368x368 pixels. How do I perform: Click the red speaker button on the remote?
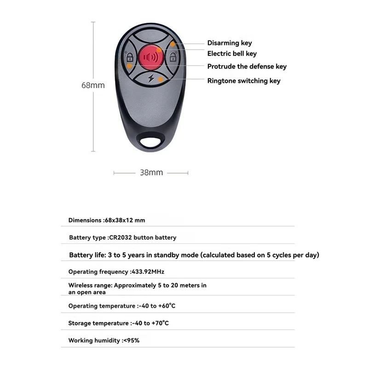click(x=151, y=57)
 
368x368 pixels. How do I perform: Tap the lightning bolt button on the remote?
click(x=151, y=79)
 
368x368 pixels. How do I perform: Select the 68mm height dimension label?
click(x=93, y=85)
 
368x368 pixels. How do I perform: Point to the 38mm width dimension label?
click(x=151, y=172)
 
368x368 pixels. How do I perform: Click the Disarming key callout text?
click(x=230, y=43)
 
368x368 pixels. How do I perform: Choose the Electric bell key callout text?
click(x=232, y=54)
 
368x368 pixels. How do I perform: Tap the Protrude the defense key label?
click(x=247, y=66)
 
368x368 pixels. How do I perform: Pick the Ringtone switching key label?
click(x=243, y=80)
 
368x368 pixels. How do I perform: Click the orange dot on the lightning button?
click(x=160, y=79)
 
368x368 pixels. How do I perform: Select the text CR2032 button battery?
click(x=143, y=238)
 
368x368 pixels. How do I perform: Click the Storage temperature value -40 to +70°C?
click(x=150, y=323)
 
